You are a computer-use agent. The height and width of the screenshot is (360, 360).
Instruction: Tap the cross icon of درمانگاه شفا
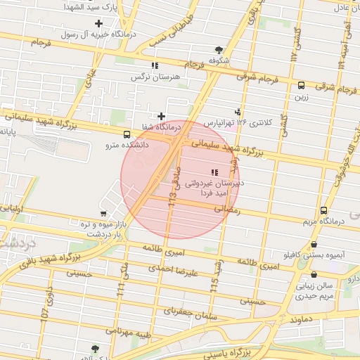162,116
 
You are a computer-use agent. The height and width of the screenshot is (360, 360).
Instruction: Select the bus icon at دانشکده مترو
127,134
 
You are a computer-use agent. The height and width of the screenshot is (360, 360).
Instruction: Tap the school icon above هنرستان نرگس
155,65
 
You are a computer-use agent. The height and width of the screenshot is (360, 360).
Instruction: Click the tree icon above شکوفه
219,50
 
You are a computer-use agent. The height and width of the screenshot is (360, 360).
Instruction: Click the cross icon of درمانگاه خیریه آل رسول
99,23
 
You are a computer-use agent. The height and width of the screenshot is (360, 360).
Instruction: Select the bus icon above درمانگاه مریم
323,210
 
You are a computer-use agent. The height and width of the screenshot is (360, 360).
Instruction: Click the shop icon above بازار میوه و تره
103,213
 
